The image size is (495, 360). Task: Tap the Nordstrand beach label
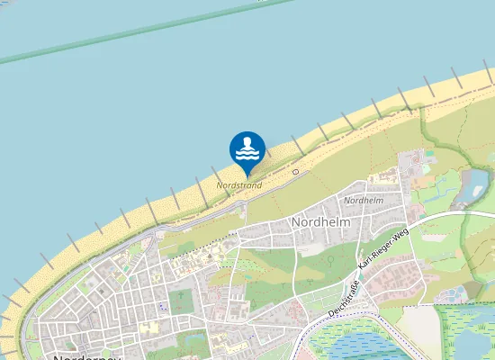click(239, 185)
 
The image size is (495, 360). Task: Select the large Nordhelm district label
click(320, 221)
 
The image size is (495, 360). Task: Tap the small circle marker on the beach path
click(295, 170)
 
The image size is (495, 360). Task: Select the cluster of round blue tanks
click(463, 292)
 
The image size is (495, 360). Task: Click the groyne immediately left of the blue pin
click(217, 172)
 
